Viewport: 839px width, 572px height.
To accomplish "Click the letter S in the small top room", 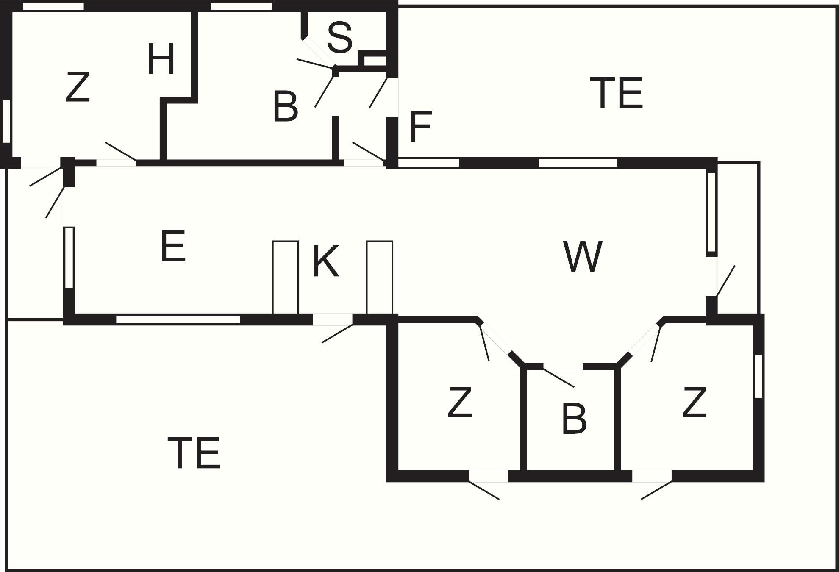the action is pos(340,38).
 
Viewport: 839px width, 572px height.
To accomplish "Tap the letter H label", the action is pos(161,59).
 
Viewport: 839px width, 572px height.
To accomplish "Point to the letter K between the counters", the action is pos(325,261).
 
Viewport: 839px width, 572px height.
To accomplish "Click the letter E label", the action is pos(173,246).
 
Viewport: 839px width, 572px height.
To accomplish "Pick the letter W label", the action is pos(583,256).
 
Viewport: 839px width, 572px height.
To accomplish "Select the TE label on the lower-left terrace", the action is pos(194,453).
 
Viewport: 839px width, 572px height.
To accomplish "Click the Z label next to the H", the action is pos(78,87).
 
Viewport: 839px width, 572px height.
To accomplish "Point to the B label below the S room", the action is pos(286,106).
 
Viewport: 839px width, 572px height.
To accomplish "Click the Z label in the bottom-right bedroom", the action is pos(695,402).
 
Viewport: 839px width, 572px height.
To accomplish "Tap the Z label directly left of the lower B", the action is pos(460,402).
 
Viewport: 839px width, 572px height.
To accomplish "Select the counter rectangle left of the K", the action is pos(286,278).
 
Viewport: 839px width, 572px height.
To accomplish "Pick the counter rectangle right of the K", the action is pos(380,278).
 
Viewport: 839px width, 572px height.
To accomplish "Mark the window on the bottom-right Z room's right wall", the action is pos(758,376).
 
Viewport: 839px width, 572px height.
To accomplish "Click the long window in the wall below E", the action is pos(178,319).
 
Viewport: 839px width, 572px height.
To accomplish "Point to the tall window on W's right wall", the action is pos(711,212).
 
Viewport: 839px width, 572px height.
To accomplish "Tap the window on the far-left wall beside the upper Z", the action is pos(6,121).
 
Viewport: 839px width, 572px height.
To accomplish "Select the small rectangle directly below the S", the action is pos(375,61).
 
